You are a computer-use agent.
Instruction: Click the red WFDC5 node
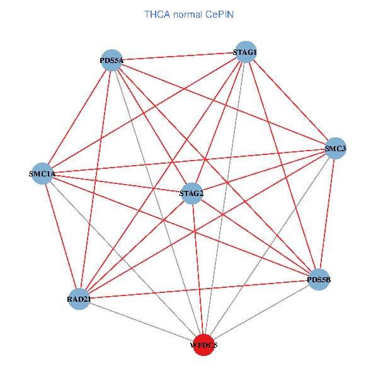(x=203, y=345)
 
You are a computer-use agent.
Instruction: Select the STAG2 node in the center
(x=192, y=193)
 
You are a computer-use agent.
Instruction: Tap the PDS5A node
(x=112, y=60)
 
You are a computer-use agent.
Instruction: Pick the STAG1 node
(x=245, y=52)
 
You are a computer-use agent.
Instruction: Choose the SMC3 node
(x=335, y=149)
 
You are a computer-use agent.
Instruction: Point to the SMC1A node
(x=43, y=173)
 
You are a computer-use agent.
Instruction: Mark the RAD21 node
(x=79, y=298)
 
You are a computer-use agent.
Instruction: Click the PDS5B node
(x=319, y=279)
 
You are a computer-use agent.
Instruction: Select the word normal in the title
(x=188, y=13)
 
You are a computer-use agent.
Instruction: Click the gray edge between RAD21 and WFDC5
(x=141, y=321)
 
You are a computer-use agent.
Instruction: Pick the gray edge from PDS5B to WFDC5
(x=261, y=312)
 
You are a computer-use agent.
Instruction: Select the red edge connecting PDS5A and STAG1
(x=178, y=56)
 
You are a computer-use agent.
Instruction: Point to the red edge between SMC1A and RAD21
(x=61, y=236)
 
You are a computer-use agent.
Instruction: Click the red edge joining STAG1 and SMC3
(x=290, y=100)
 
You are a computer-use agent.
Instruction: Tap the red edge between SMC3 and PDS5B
(x=327, y=214)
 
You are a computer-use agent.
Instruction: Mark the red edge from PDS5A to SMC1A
(x=77, y=117)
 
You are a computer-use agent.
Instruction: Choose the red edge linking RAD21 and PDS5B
(x=199, y=289)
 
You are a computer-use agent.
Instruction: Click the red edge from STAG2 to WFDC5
(x=197, y=268)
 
